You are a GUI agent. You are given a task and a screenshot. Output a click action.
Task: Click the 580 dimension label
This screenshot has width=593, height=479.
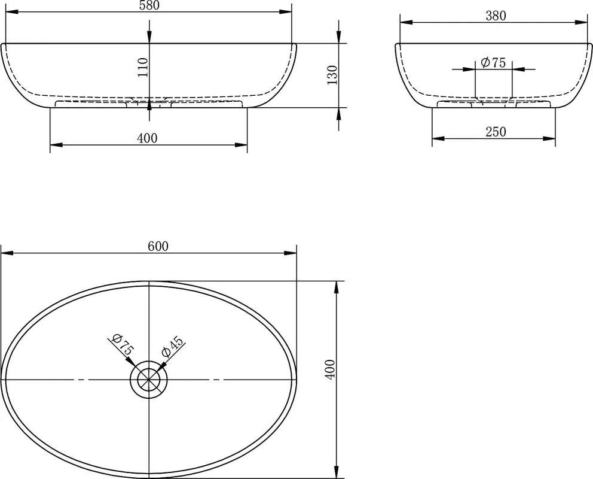coord(149,5)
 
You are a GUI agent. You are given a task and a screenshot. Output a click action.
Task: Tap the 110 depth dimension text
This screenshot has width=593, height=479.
coord(143,67)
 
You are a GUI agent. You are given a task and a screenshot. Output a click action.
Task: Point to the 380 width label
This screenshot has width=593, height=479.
coord(496,16)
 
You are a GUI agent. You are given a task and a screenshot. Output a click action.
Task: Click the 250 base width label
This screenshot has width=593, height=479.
coord(496,132)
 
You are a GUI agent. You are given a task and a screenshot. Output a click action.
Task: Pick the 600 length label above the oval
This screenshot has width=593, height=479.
coord(158,247)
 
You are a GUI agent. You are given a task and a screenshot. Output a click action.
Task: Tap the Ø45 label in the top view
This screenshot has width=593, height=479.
coord(172,346)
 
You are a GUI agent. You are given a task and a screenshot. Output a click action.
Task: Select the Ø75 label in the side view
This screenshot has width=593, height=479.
coord(493,62)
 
